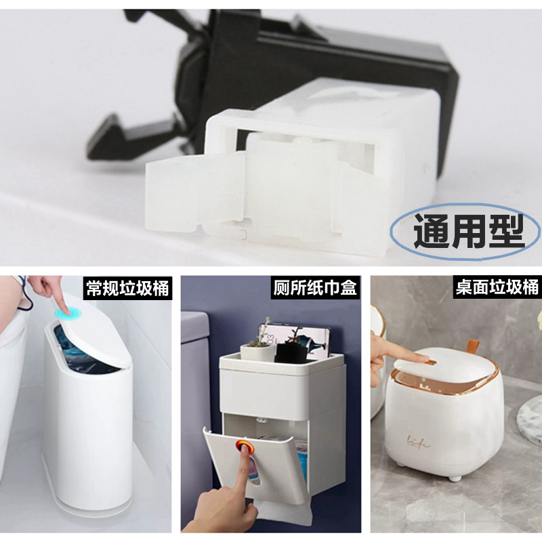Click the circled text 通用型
pos(469,230)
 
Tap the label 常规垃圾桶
pos(127,288)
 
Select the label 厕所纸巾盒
pos(314,287)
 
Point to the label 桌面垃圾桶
pos(497,287)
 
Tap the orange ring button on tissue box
pos(245,446)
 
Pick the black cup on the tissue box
pos(291,352)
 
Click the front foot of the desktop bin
pos(455,478)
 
